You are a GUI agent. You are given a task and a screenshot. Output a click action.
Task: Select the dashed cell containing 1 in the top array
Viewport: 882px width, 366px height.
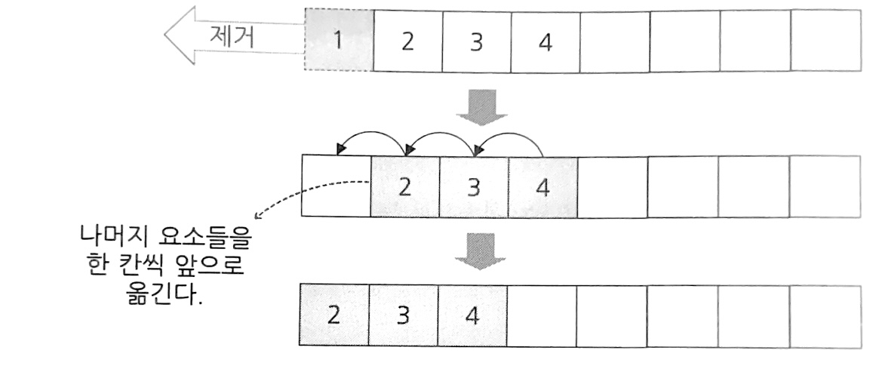[x=338, y=41]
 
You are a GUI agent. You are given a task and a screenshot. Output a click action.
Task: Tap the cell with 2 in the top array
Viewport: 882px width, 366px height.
[x=407, y=41]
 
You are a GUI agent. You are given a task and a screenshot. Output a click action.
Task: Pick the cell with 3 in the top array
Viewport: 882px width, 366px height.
[x=476, y=41]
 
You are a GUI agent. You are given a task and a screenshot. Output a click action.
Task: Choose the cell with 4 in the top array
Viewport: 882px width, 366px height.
[x=545, y=41]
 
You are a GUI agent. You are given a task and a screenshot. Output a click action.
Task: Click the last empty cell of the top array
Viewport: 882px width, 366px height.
[x=825, y=41]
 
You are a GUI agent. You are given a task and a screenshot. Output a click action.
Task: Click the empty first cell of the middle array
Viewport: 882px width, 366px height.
[x=336, y=186]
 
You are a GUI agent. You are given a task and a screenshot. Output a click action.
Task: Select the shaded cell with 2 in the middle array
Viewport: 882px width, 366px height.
[x=405, y=186]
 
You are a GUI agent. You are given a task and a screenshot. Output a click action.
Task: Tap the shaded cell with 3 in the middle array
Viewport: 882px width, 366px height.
[x=474, y=186]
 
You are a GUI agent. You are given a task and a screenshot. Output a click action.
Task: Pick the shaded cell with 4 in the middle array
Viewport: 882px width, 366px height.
[x=542, y=186]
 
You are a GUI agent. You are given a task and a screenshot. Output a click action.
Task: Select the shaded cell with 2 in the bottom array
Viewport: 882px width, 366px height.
[x=334, y=315]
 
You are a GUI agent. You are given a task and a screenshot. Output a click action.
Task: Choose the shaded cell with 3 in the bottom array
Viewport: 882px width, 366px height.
[x=404, y=315]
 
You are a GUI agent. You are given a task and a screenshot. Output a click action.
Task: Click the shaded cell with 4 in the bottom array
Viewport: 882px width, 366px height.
[x=472, y=315]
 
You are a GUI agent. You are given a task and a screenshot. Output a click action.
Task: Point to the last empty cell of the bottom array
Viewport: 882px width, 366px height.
[x=824, y=315]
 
